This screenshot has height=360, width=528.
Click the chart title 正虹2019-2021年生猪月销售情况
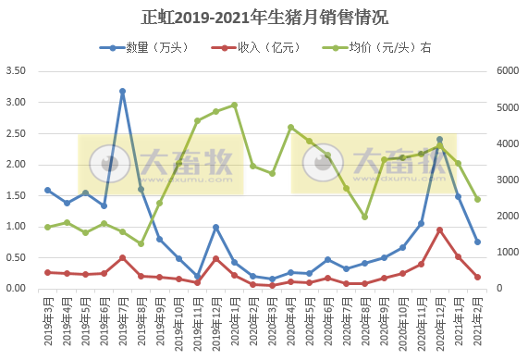pyautogui.click(x=264, y=17)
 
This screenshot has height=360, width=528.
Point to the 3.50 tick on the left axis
pyautogui.click(x=15, y=71)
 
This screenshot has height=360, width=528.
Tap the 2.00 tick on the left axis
pyautogui.click(x=15, y=165)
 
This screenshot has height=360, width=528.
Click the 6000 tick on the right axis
pyautogui.click(x=510, y=71)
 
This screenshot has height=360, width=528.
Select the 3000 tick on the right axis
pyautogui.click(x=510, y=180)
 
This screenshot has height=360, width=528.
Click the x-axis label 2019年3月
pyautogui.click(x=47, y=317)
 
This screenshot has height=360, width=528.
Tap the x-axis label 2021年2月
pyautogui.click(x=477, y=317)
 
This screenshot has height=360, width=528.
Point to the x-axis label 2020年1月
pyautogui.click(x=234, y=317)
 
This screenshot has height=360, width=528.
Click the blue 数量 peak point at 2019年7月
pyautogui.click(x=122, y=92)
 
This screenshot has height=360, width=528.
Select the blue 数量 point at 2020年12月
pyautogui.click(x=439, y=139)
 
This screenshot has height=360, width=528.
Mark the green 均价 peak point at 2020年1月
pyautogui.click(x=234, y=105)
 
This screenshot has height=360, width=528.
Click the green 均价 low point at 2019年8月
pyautogui.click(x=141, y=243)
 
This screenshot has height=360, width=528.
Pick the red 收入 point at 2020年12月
pyautogui.click(x=439, y=230)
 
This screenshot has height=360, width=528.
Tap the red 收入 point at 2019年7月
pyautogui.click(x=122, y=257)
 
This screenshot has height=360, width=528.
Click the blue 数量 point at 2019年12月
pyautogui.click(x=215, y=227)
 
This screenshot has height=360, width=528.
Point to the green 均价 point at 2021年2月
pyautogui.click(x=477, y=199)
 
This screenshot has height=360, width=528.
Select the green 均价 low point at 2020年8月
pyautogui.click(x=364, y=217)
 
